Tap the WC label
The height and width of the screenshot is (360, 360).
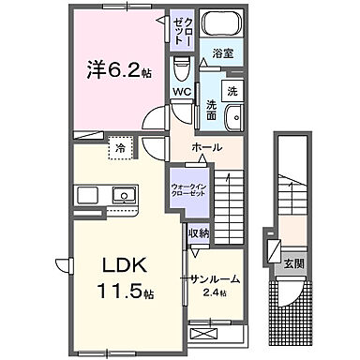click(x=182, y=92)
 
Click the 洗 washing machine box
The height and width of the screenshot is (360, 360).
click(x=234, y=90)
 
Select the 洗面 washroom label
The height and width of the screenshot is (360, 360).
click(x=213, y=112)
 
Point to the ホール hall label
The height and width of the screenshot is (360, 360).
click(x=206, y=148)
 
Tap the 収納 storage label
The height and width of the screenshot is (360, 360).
click(x=198, y=233)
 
